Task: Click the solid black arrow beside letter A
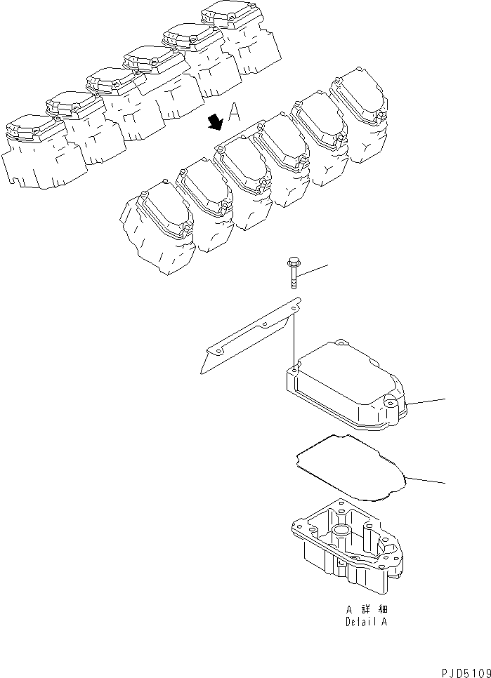[x=215, y=123]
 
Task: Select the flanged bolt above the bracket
[x=292, y=276]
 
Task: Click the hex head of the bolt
[x=292, y=263]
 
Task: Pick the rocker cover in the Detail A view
[x=348, y=386]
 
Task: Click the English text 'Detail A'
[x=366, y=622]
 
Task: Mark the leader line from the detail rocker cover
[x=426, y=402]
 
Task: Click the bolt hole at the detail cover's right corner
[x=389, y=403]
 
